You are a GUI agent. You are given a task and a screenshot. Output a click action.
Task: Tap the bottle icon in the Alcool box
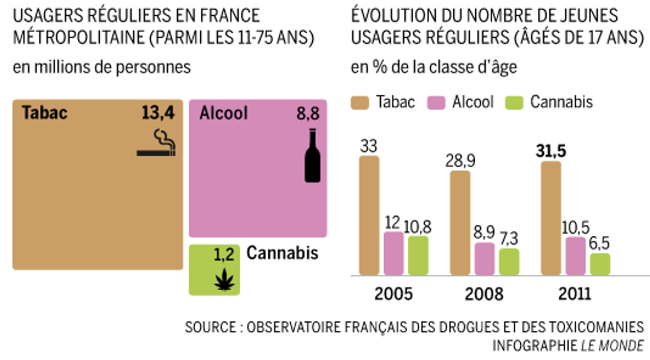coord(313,156)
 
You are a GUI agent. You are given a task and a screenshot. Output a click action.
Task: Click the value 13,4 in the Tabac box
coord(158,113)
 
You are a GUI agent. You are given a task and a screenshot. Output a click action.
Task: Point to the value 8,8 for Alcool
coord(307,113)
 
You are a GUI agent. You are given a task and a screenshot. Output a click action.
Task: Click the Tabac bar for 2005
coord(369,216)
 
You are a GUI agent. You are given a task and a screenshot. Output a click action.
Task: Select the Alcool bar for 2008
coord(485,259)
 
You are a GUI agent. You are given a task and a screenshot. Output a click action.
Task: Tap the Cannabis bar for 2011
coord(600,264)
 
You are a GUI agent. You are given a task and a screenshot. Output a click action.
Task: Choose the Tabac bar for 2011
coord(551,218)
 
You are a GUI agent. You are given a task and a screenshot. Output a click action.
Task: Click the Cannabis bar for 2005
coord(418,256)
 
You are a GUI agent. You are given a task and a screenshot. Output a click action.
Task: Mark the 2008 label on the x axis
coord(484,294)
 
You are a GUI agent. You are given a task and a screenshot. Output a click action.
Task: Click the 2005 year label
coord(394,294)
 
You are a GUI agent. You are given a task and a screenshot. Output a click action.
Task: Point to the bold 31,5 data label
coord(551,152)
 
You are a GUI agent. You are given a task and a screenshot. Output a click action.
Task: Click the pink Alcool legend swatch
coord(435,102)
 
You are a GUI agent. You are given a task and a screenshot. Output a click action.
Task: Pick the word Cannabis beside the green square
coord(282,253)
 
